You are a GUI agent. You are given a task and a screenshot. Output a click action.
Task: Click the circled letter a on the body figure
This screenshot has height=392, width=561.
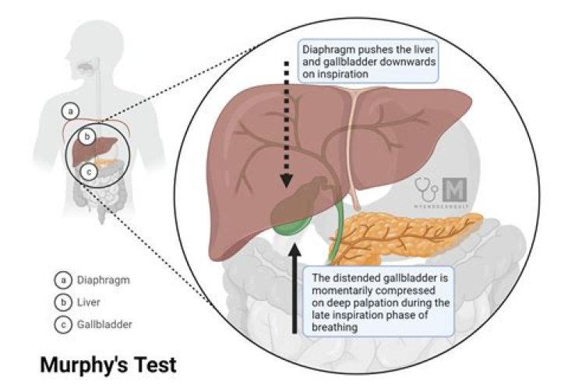click(70, 111)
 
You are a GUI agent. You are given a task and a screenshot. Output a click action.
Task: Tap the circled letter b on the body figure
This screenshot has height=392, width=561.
click(88, 136)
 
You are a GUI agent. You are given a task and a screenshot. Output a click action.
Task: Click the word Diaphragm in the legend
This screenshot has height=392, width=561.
click(101, 278)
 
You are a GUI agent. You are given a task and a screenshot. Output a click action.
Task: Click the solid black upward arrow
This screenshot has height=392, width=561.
click(294, 288)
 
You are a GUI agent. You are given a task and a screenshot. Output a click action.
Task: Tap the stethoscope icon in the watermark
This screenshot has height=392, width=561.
click(426, 188)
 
